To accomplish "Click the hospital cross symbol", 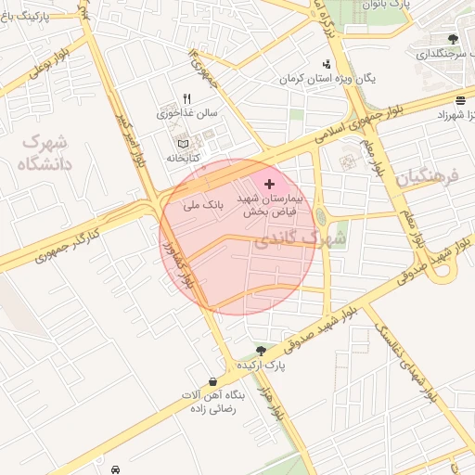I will (x=269, y=185).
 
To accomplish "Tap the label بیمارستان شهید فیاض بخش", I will (x=266, y=205).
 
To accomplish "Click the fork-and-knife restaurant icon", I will (x=186, y=98).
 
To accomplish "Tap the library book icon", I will (x=183, y=144).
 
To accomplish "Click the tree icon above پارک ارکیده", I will (x=261, y=351).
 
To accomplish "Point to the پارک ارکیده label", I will (x=261, y=366).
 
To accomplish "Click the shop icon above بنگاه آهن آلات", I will (x=214, y=380).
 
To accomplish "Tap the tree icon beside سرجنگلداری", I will (x=452, y=39).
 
